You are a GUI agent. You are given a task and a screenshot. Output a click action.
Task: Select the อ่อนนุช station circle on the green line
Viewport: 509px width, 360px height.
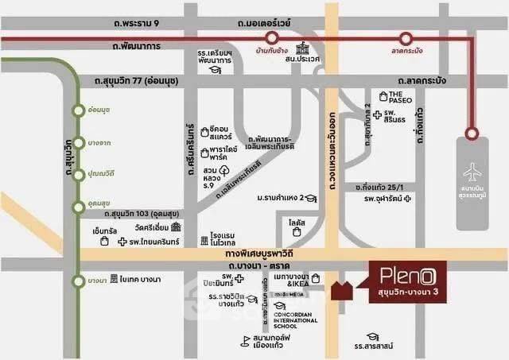point(77,110)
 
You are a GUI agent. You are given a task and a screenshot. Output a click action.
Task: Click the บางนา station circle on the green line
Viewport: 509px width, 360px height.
point(77,280)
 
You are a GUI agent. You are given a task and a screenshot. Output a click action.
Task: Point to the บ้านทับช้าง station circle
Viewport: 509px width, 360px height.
point(272,37)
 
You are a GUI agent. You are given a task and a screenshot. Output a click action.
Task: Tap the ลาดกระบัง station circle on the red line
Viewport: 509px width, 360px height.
point(406,37)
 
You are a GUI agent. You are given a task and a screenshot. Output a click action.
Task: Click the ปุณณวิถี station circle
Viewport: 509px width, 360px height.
point(77,173)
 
